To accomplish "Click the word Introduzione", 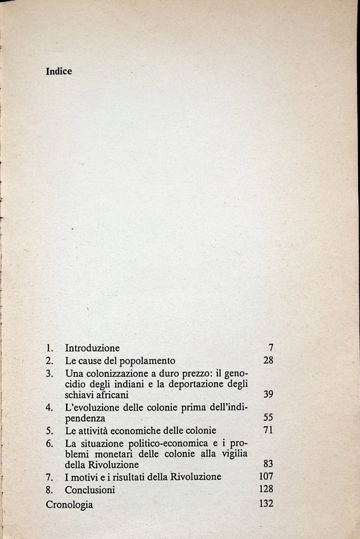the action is pos(92,348).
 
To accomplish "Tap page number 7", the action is pos(270,348).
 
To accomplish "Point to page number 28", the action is pos(267,361).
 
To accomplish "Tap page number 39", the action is pos(267,394).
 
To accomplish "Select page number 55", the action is pos(267,417).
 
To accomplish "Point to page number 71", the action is pos(267,430).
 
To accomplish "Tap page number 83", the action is pos(267,464).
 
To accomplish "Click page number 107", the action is pos(265,477).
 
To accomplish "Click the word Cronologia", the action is pos(68,503).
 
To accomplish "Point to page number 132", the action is pos(265,503).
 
